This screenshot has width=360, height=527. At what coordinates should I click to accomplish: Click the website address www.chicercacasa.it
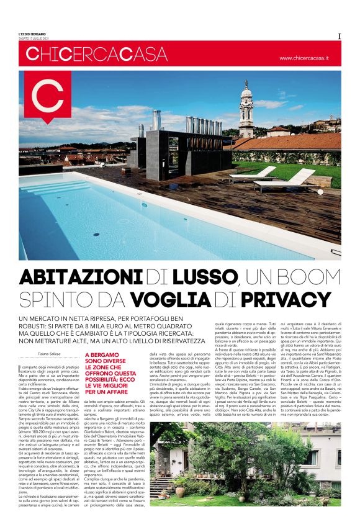point(304,58)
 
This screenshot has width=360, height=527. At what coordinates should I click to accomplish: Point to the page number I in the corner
point(340,36)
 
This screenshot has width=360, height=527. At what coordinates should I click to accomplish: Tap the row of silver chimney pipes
point(205,124)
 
